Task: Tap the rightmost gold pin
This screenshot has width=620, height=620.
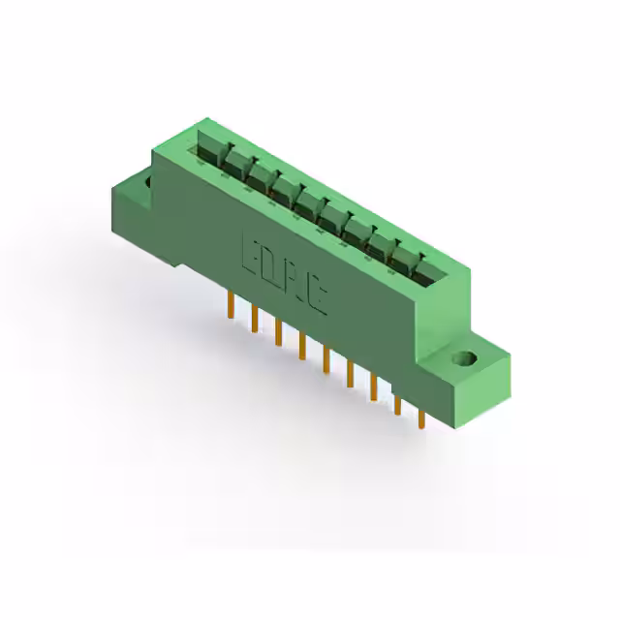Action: click(421, 418)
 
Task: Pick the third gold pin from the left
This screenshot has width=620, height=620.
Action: click(278, 332)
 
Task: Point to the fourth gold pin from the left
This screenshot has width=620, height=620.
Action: click(301, 346)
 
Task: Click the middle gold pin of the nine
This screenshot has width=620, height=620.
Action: click(325, 360)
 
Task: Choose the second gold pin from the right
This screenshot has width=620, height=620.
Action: click(397, 405)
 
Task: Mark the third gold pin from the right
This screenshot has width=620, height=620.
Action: click(373, 388)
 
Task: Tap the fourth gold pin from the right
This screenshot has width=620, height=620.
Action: click(349, 374)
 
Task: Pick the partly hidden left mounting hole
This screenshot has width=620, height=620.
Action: click(148, 181)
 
